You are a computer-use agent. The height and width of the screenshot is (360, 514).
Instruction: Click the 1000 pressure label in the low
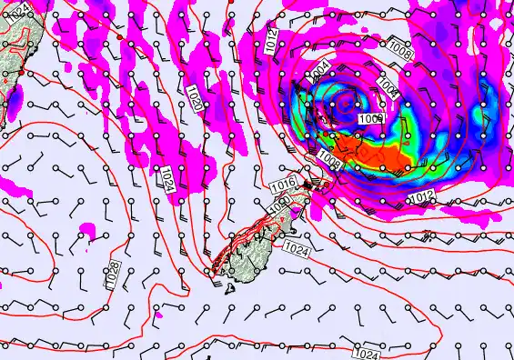click(369, 118)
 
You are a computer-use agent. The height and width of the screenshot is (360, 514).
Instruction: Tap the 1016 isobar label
click(283, 186)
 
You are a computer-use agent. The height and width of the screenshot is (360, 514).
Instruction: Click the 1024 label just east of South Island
click(297, 247)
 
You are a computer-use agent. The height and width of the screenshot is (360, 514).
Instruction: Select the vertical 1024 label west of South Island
click(167, 178)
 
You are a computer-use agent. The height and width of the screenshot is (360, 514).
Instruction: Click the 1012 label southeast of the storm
click(419, 197)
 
